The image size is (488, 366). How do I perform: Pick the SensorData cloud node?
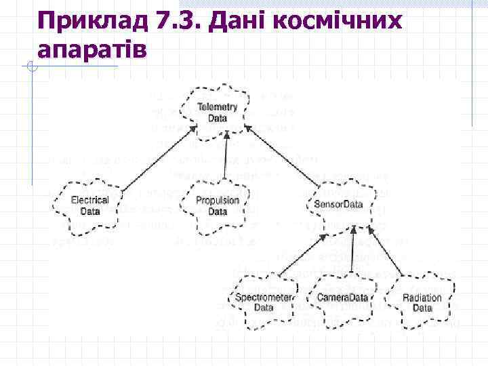click(339, 205)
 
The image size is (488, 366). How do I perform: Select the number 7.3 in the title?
click(179, 22)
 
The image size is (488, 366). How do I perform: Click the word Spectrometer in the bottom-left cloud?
click(264, 298)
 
